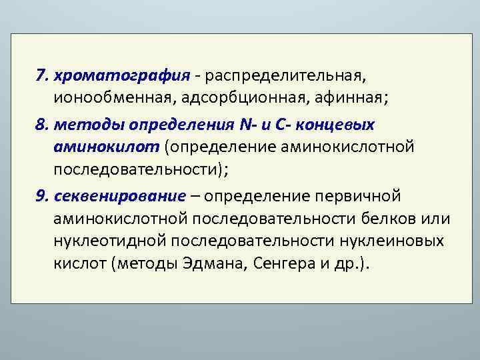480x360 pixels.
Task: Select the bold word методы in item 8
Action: pyautogui.click(x=89, y=125)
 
